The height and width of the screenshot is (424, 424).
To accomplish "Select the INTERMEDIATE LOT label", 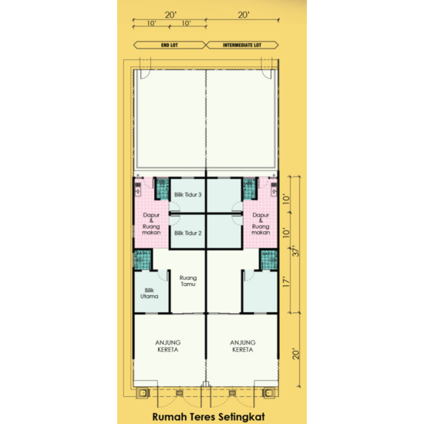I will pos(243,45).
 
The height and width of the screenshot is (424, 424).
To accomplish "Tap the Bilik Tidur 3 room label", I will pos(187,195).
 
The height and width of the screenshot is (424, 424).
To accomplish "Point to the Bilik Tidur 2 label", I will pos(187,232).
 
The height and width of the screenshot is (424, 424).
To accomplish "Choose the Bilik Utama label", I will pos(150,293).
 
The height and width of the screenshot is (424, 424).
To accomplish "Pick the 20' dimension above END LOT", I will pos(170,15).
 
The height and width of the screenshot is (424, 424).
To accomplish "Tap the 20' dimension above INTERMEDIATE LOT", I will pos(244,15).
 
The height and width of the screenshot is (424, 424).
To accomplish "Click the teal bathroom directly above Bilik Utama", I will pos(143,260).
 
